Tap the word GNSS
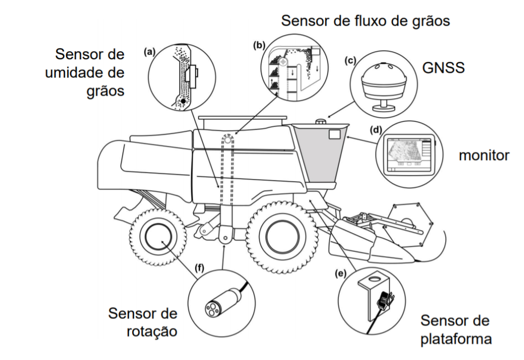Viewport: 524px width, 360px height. coord(443,69)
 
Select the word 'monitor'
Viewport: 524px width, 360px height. coord(483,155)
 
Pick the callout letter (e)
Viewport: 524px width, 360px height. coord(338,273)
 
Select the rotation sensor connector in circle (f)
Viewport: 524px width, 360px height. coord(216,306)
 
